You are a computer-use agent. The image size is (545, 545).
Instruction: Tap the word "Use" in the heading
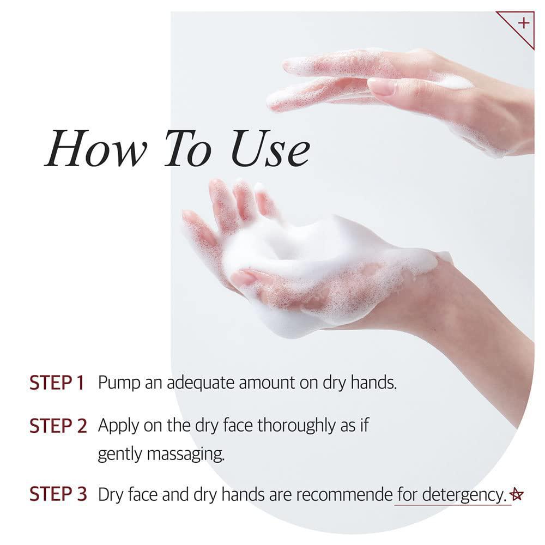tap(270, 148)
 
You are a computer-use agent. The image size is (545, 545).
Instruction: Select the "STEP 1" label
tap(57, 383)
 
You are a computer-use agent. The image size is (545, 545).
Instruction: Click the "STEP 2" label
tap(58, 426)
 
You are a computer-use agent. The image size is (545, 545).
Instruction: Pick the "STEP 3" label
tap(58, 494)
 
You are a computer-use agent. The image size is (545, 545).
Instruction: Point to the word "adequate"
tap(201, 383)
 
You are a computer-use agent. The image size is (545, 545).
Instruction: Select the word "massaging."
tap(186, 455)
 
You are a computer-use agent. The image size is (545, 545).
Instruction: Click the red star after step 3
tap(516, 494)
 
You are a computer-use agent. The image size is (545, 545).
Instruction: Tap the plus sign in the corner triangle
tap(523, 23)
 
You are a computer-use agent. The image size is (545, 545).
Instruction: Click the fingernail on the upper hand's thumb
tap(381, 87)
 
